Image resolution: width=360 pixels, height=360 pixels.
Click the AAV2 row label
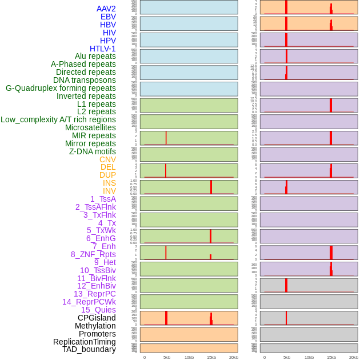point(106,9)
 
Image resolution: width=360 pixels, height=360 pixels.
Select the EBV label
point(108,17)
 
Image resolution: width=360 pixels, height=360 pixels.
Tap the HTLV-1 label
point(103,49)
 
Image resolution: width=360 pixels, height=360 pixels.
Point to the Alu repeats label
point(95,56)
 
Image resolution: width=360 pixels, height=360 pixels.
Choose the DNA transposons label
point(85,80)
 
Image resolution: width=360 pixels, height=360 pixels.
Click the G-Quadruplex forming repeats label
point(61,88)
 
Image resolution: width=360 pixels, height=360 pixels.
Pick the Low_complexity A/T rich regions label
point(58,119)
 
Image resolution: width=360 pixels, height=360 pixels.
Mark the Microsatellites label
point(90,127)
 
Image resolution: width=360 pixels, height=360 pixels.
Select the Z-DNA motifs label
point(93,151)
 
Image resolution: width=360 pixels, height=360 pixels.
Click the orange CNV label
point(107,159)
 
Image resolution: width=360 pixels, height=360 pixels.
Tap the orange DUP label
point(107,175)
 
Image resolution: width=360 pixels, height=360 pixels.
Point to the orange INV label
point(109,191)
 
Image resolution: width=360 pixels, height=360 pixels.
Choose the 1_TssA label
point(103,199)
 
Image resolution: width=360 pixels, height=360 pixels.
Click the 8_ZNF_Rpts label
point(93,254)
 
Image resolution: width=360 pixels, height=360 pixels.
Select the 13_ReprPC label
point(94,294)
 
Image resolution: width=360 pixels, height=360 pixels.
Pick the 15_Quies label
point(98,310)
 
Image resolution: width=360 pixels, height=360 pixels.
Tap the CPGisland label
point(97,318)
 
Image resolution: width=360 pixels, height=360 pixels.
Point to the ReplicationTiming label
point(85,342)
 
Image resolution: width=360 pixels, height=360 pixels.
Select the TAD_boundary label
point(89,349)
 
